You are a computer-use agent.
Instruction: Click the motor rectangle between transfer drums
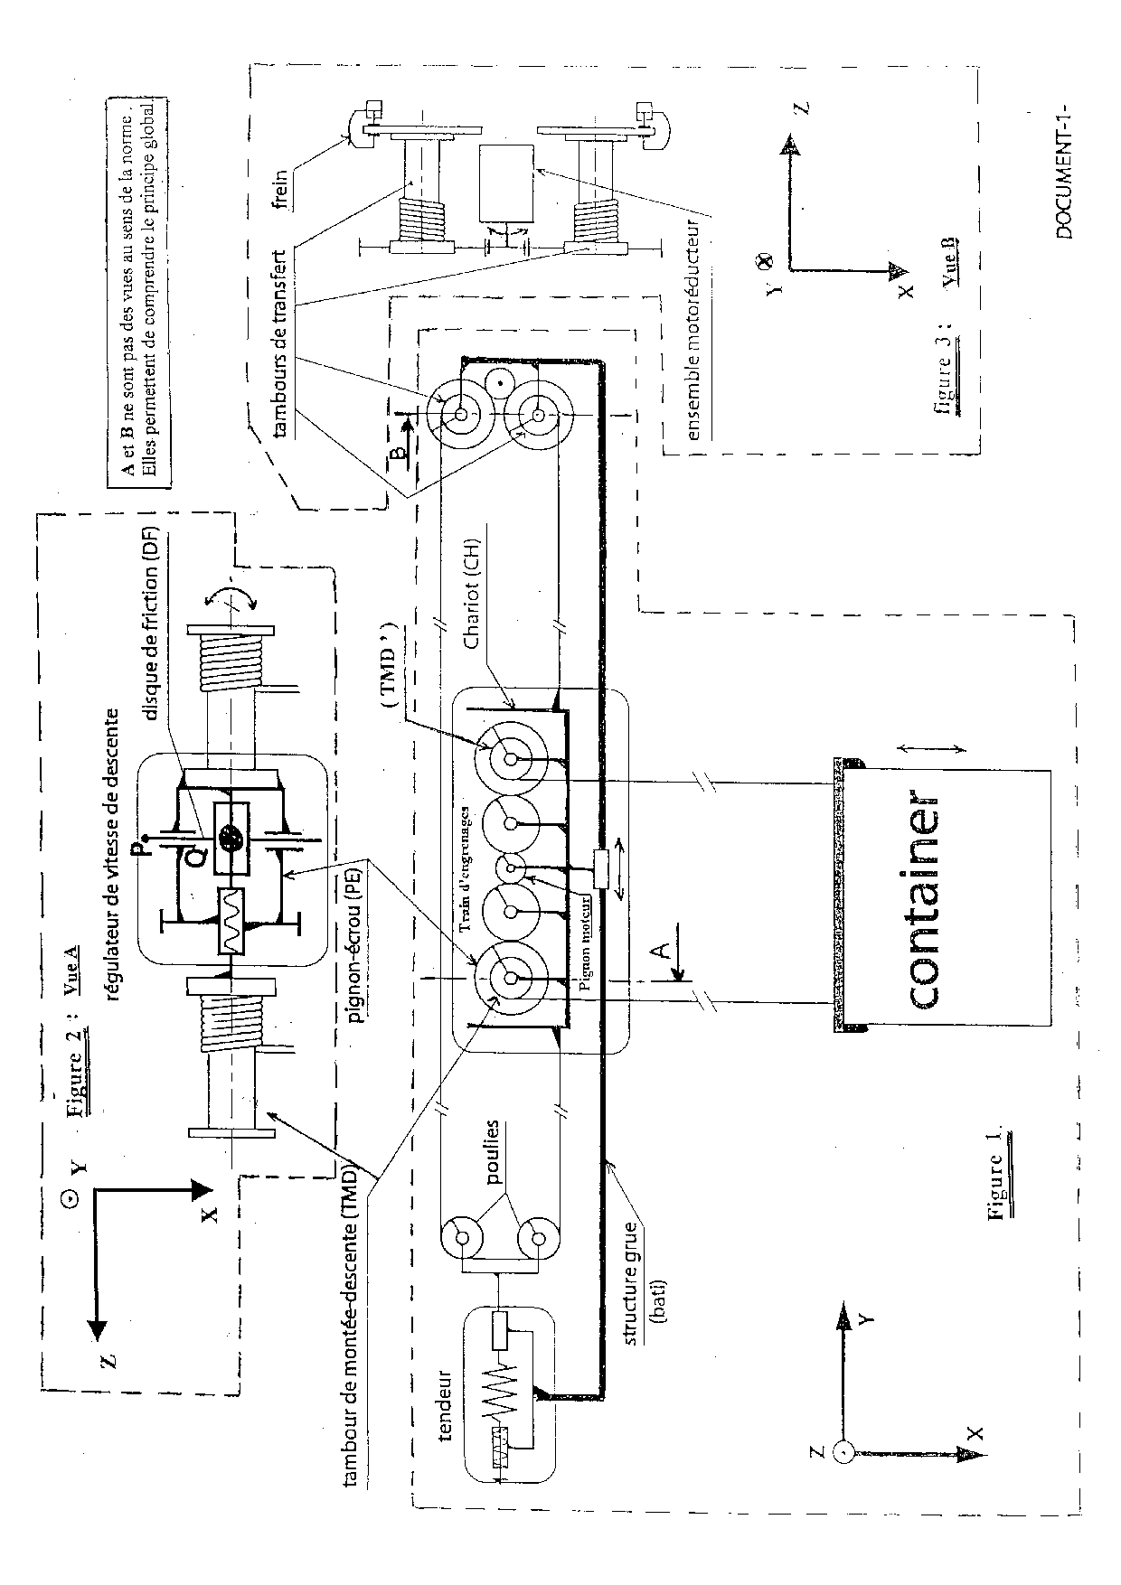[x=507, y=182]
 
